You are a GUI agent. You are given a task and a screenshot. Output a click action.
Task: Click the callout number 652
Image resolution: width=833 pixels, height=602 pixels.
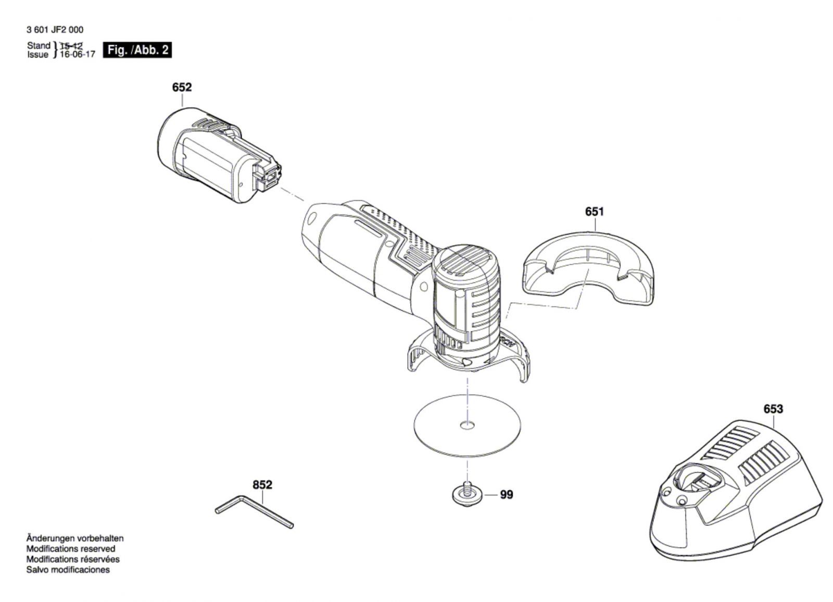coord(182,88)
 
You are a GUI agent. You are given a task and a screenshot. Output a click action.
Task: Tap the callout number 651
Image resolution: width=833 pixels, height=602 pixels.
coord(595,212)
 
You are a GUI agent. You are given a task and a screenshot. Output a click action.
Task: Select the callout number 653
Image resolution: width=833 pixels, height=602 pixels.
coord(773,409)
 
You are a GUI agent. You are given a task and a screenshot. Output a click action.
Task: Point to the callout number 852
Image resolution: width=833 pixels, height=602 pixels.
coord(262,485)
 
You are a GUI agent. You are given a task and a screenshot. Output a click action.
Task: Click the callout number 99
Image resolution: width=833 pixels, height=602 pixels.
coord(507,495)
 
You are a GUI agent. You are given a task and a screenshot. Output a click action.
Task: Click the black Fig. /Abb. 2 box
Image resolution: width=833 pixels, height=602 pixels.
coord(137,50)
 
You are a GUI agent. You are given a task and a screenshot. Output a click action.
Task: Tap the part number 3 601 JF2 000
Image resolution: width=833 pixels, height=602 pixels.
coord(55,30)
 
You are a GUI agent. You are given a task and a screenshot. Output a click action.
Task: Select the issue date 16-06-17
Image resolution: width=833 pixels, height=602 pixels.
coord(78,54)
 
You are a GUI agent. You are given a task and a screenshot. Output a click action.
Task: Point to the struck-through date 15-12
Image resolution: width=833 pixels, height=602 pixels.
coord(71,46)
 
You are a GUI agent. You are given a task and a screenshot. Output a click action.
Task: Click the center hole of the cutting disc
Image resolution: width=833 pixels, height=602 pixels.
coord(467,424)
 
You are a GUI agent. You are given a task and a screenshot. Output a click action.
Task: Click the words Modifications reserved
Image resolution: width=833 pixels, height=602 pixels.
coord(71,549)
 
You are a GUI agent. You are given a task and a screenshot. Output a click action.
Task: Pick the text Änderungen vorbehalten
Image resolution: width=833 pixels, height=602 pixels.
coord(75,538)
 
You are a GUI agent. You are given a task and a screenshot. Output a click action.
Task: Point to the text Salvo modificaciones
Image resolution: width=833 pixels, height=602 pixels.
coord(68,570)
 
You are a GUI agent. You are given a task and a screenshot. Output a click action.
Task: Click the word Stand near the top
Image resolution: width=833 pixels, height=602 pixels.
coord(39,45)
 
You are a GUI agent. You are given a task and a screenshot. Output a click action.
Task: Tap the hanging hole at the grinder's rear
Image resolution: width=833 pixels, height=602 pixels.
coord(312,219)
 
